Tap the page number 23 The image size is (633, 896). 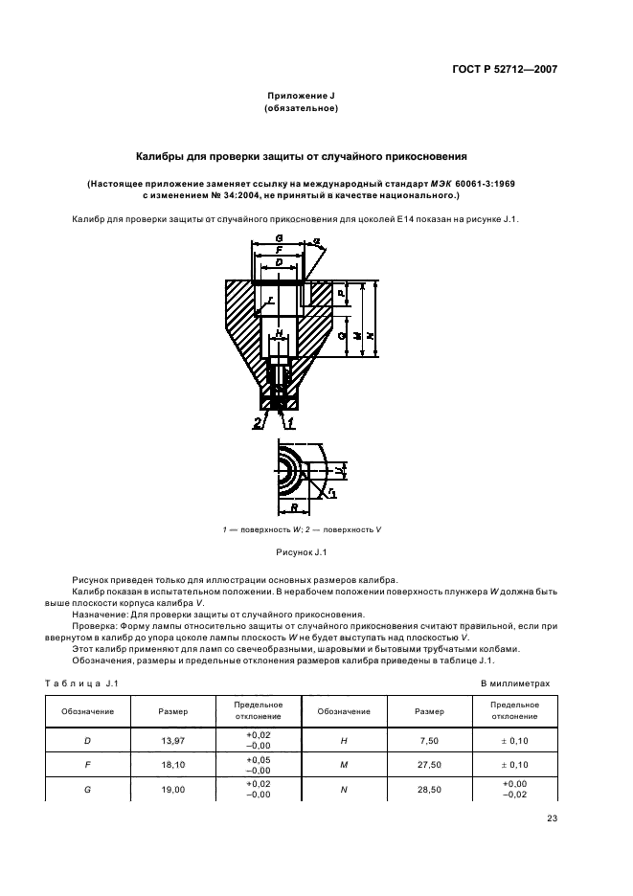click(552, 817)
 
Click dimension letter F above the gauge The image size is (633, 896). click(279, 249)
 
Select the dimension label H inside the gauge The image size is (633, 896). click(279, 334)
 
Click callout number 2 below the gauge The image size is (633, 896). click(257, 421)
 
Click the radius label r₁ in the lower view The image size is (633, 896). click(331, 492)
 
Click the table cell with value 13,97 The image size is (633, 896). click(173, 741)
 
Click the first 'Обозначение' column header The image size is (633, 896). click(88, 711)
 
